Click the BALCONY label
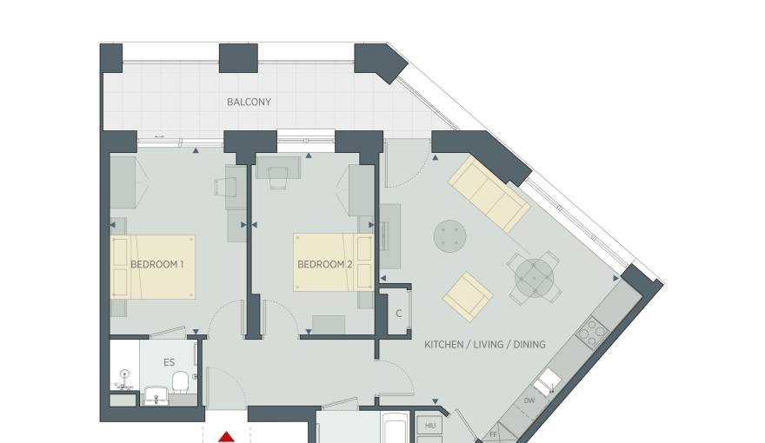point(249,102)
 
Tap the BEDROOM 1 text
point(157,265)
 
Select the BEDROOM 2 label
point(325,265)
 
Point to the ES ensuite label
point(170,362)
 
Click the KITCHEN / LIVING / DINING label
point(485,345)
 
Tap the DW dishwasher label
point(529,400)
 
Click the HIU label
point(429,426)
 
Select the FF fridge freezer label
point(493,434)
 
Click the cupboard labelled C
point(399,314)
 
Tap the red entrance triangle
point(226,437)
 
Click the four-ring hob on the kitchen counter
point(592,333)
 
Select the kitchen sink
point(547,381)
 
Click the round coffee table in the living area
point(449,236)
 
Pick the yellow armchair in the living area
point(468,296)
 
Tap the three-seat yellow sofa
point(489,194)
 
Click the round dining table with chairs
point(535,278)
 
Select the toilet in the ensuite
point(181,382)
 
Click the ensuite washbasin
point(156,396)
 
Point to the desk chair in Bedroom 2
point(278,177)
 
